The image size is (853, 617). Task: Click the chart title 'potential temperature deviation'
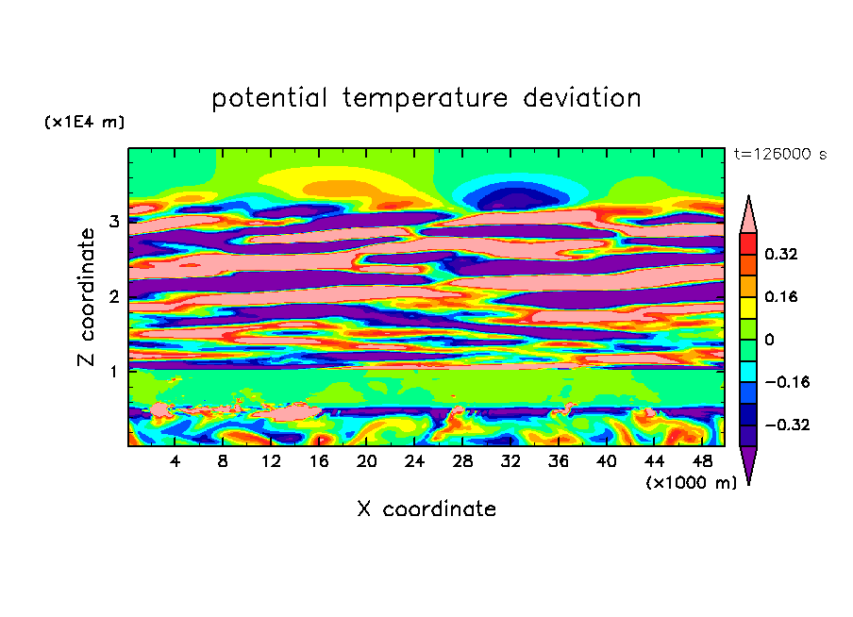426,98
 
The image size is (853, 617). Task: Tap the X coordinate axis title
426,509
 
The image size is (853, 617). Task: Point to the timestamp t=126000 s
779,155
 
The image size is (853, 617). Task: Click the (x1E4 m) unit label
84,123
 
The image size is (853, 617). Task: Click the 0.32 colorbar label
781,254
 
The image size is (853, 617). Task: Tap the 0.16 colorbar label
781,296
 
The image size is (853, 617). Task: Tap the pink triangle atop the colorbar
747,215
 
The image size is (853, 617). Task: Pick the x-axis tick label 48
701,462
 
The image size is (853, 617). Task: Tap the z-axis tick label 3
113,221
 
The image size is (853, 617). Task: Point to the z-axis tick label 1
113,371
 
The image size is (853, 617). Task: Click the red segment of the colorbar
747,243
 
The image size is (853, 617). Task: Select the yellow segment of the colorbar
747,307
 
